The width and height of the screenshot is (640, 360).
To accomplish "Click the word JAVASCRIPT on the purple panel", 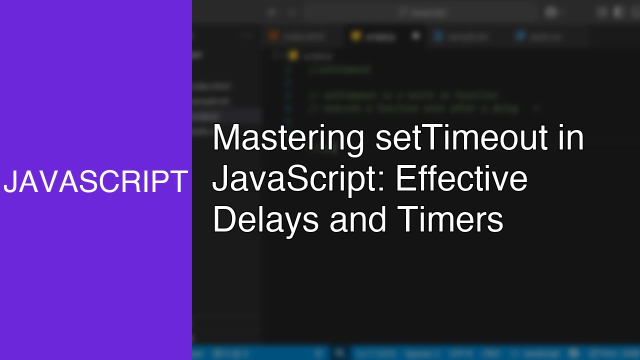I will coord(95,181).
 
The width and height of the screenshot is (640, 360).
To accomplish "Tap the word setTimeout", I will coord(461,138).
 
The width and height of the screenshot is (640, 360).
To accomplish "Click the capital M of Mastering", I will coord(224,138).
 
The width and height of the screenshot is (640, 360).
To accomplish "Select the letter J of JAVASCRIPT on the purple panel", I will coord(10,181).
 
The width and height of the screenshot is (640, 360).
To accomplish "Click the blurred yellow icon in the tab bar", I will coord(355,36).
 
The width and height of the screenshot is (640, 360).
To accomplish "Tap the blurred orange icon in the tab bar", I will coord(273,36).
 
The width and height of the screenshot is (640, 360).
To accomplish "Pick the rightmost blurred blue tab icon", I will coord(520,36).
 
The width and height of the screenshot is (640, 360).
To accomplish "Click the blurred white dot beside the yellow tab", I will coord(415,36).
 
